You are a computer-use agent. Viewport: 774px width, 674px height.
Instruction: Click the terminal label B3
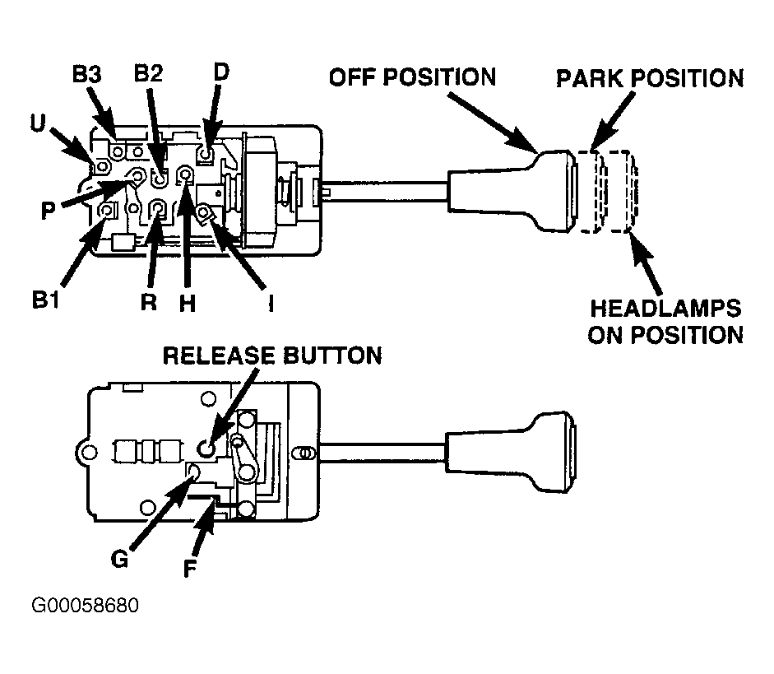coord(87,75)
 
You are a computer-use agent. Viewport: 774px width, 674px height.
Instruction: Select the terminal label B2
coord(148,73)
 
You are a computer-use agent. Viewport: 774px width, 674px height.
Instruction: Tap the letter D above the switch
coord(221,72)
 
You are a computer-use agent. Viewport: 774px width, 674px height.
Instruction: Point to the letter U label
coord(38,123)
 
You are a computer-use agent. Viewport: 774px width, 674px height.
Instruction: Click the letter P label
coord(48,211)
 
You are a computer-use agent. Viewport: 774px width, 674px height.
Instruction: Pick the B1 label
coord(45,300)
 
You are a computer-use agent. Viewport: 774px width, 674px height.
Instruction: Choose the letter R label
coord(149,301)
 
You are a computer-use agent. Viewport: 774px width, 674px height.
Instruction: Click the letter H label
coord(188,302)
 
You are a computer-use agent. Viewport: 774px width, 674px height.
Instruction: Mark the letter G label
coord(119,559)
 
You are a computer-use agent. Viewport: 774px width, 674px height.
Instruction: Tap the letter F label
coord(189,568)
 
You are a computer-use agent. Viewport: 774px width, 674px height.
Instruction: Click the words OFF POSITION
coord(413,77)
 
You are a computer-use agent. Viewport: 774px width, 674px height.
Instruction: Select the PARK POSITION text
coord(650,78)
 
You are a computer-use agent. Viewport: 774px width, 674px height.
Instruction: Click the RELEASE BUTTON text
coord(272,356)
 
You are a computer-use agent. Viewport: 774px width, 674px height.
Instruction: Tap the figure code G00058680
coord(85,605)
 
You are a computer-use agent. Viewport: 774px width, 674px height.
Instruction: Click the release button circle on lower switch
coord(206,449)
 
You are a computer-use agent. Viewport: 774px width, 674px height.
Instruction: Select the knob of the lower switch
coord(512,451)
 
